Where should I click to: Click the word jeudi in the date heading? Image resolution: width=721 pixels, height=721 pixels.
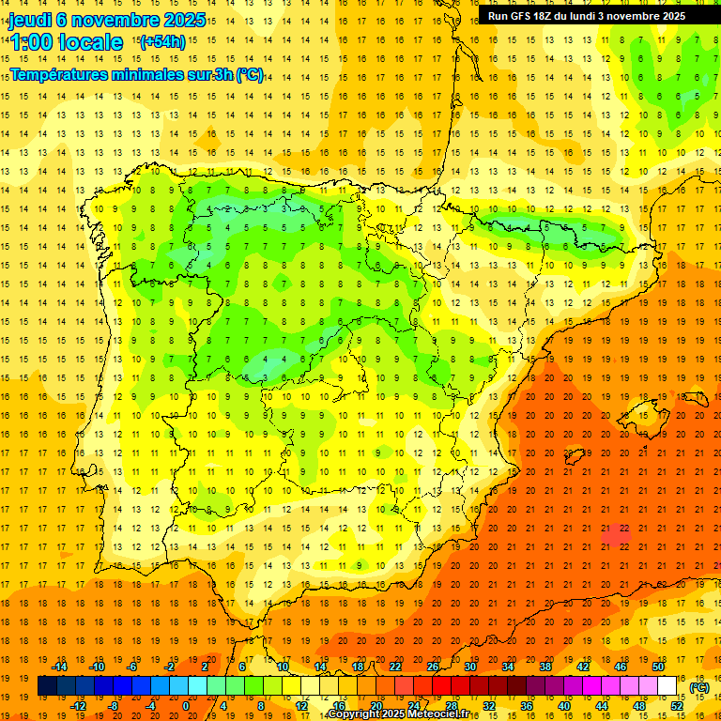(31, 20)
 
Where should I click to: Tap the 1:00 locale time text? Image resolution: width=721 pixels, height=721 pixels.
(67, 42)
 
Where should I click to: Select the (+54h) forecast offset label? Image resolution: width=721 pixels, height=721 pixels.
(161, 41)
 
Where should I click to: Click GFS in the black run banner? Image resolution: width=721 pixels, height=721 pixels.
(527, 16)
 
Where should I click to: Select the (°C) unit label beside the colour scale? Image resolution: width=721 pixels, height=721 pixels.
(698, 687)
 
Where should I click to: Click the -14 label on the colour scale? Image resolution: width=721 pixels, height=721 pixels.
(61, 667)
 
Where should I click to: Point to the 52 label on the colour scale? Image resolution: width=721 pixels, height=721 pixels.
(677, 706)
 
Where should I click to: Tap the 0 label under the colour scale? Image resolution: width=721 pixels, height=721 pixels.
(186, 706)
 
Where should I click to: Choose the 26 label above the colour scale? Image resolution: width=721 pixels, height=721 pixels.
(433, 667)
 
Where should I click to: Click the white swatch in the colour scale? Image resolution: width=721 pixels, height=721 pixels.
(667, 686)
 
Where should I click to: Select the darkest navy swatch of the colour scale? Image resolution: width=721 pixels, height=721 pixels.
(47, 686)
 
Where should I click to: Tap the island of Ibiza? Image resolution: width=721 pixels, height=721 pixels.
(574, 457)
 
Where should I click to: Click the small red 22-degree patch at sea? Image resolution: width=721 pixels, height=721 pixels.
(616, 534)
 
